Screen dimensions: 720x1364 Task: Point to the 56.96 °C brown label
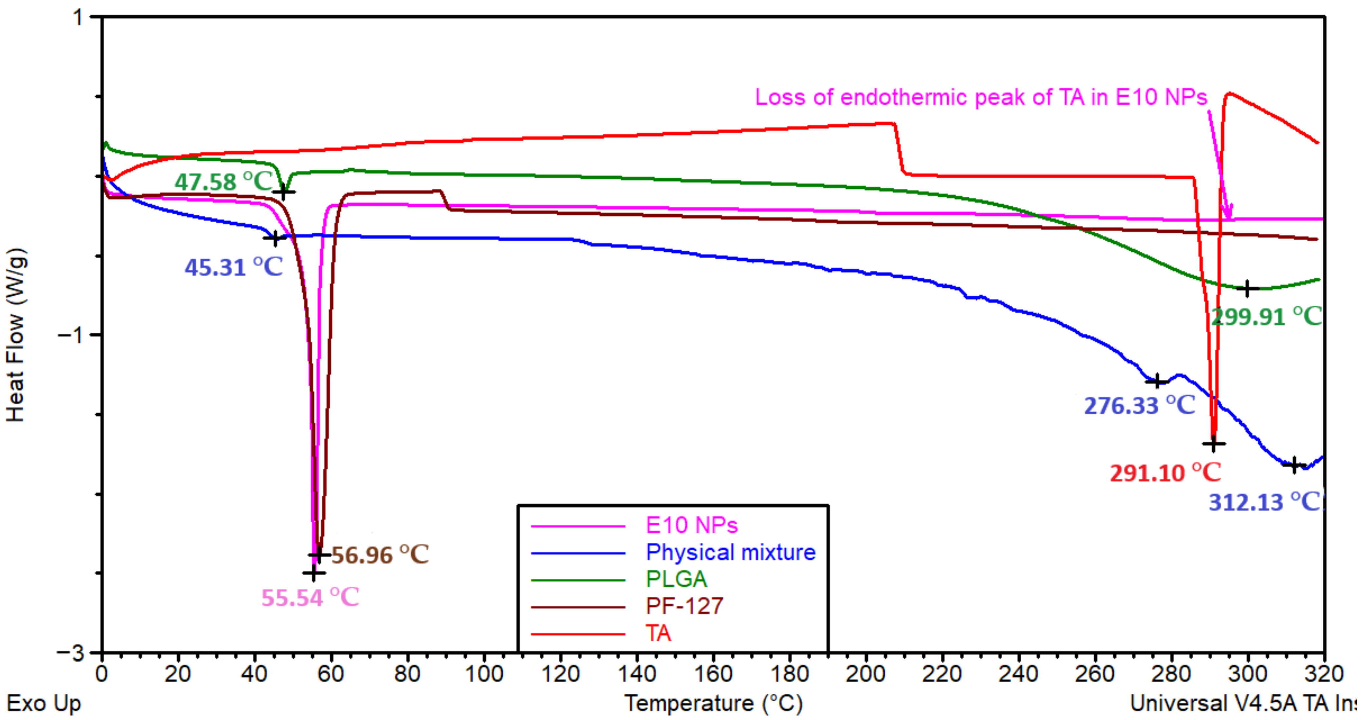[x=380, y=555]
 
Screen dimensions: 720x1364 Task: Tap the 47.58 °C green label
[x=223, y=182]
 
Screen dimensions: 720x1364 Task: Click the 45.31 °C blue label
[x=234, y=267]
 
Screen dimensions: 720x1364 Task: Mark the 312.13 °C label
[x=1264, y=502]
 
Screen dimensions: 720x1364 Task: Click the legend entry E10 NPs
[x=692, y=525]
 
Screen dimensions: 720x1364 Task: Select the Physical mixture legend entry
[x=731, y=553]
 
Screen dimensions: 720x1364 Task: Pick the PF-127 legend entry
[x=684, y=606]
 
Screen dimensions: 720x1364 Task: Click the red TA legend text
[x=658, y=633]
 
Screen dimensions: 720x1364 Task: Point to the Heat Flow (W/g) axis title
[x=16, y=335]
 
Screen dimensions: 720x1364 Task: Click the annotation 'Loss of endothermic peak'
[x=981, y=97]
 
